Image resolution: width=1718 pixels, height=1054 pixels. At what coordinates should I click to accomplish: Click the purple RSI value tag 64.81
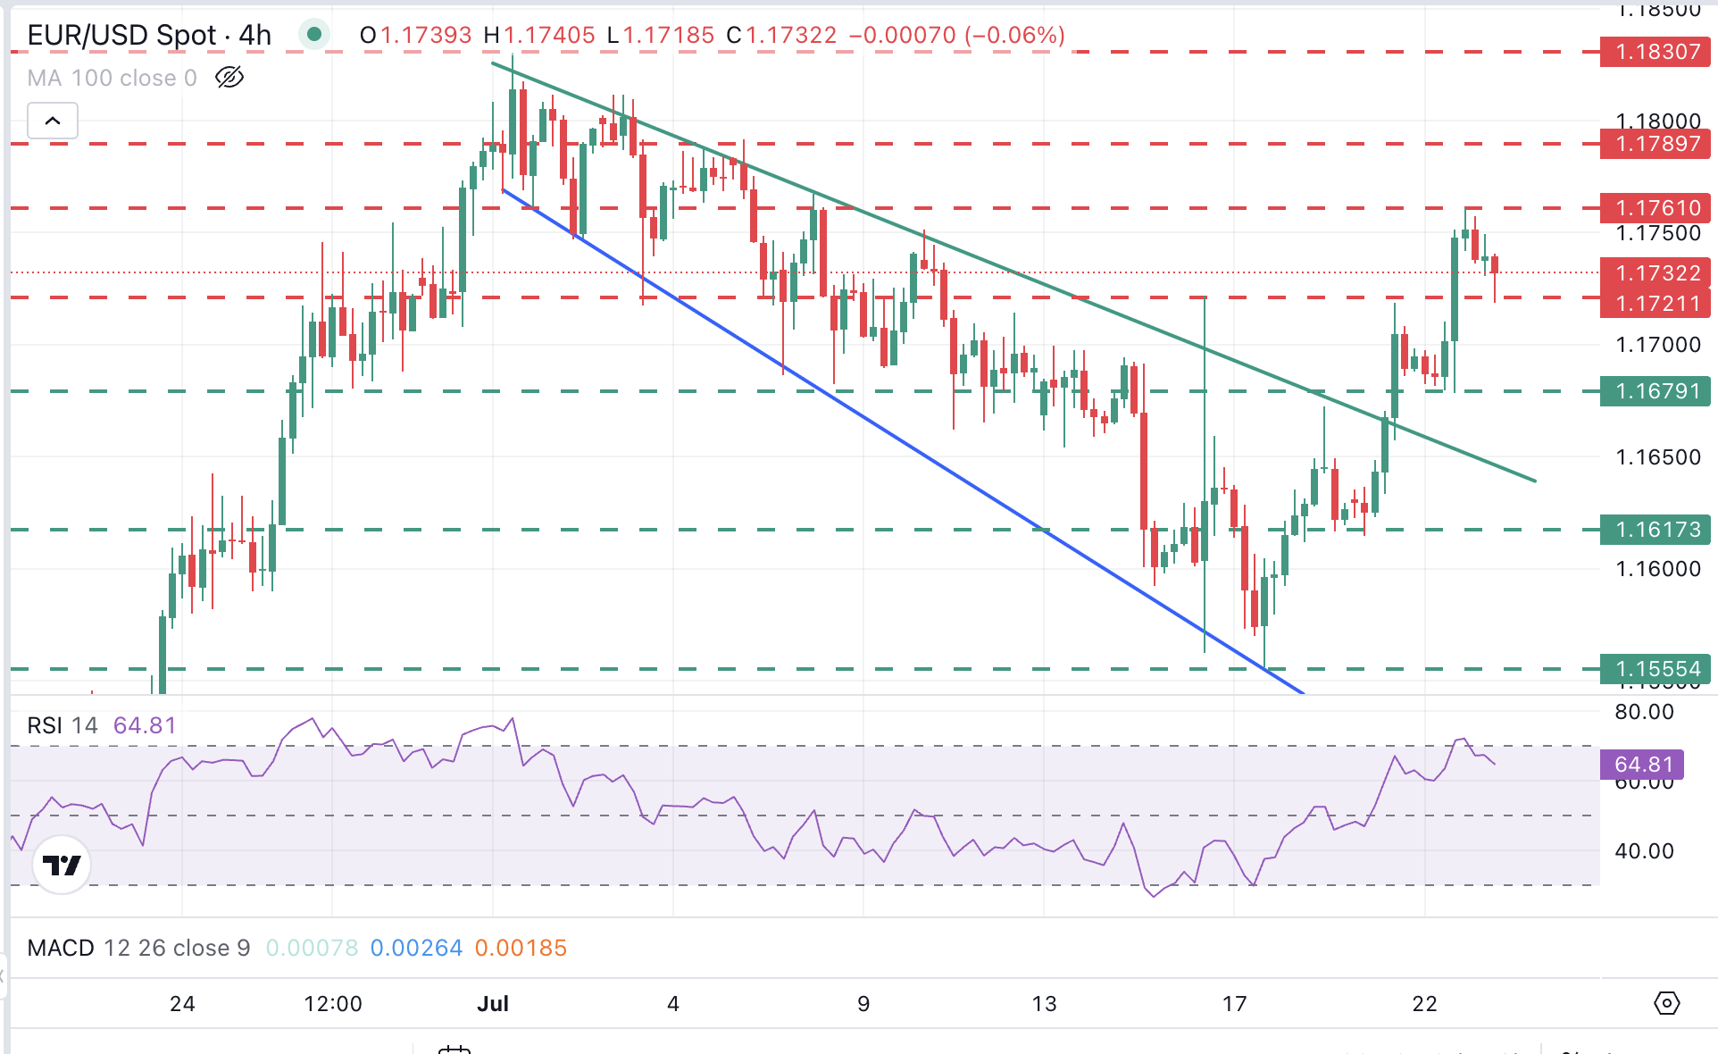click(x=1641, y=765)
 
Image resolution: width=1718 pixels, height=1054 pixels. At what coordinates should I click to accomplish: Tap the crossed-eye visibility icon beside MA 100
click(x=229, y=78)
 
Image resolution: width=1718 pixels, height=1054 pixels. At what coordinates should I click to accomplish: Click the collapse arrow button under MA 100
click(x=53, y=121)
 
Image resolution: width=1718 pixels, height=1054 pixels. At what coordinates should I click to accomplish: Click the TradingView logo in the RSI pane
click(x=62, y=865)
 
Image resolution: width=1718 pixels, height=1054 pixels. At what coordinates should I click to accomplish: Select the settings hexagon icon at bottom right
click(x=1666, y=1003)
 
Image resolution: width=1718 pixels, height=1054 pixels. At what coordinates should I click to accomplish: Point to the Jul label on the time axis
click(x=493, y=1004)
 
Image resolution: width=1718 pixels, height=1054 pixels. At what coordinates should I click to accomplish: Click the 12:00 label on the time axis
click(x=333, y=1004)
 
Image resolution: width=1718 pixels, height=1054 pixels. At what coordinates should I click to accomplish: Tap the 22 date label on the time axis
click(x=1425, y=1004)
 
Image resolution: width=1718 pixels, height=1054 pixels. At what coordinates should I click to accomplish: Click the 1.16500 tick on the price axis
click(x=1658, y=457)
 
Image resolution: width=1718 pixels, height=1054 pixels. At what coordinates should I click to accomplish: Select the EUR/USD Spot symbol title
click(x=121, y=35)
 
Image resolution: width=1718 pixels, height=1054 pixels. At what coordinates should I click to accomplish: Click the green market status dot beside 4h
click(x=313, y=35)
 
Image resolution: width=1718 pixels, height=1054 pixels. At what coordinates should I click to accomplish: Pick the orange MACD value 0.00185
click(x=521, y=948)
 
